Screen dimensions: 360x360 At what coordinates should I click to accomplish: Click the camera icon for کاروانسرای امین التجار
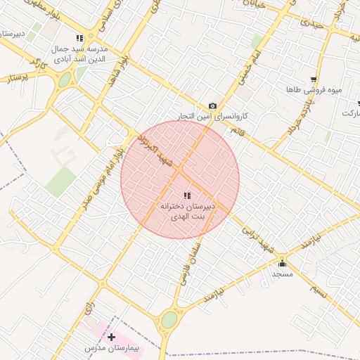coord(213,105)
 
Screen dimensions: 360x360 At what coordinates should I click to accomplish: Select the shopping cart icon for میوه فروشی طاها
coord(313,79)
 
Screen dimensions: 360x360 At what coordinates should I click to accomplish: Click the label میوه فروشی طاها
coord(304,90)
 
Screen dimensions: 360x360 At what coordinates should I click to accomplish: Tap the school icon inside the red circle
coord(186,195)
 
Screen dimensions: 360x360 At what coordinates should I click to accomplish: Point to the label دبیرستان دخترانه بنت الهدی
coord(186,212)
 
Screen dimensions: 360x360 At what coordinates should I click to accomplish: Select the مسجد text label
coord(283,274)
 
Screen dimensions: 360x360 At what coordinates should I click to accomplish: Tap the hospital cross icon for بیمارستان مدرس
coord(111,337)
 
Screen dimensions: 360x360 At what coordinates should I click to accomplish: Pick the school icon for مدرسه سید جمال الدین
coord(79,38)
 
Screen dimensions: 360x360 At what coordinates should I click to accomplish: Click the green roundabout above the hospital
coord(169,320)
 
